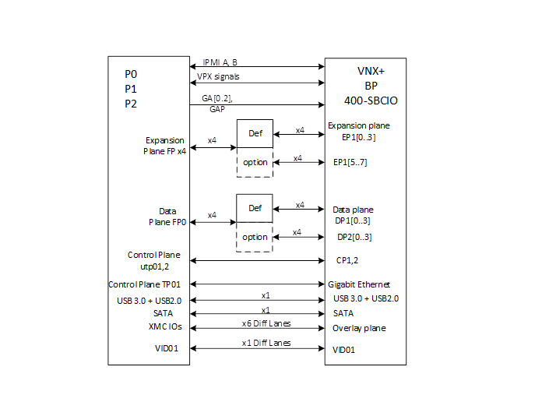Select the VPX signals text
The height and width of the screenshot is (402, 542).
[x=219, y=77]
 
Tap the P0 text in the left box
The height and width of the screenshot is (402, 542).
[x=132, y=74]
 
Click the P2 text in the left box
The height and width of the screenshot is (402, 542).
[x=132, y=103]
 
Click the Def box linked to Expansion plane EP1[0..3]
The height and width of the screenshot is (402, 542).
[x=255, y=133]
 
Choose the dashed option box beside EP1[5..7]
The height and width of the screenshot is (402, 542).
[x=255, y=162]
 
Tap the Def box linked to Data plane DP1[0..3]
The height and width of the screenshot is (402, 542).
[x=255, y=208]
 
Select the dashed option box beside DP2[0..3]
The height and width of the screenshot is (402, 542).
[x=255, y=237]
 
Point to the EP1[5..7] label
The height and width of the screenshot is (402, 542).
[x=350, y=162]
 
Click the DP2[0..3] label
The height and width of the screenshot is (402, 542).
[x=354, y=237]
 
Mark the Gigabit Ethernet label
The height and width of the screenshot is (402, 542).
[x=361, y=284]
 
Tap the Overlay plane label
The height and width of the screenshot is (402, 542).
[x=359, y=328]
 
